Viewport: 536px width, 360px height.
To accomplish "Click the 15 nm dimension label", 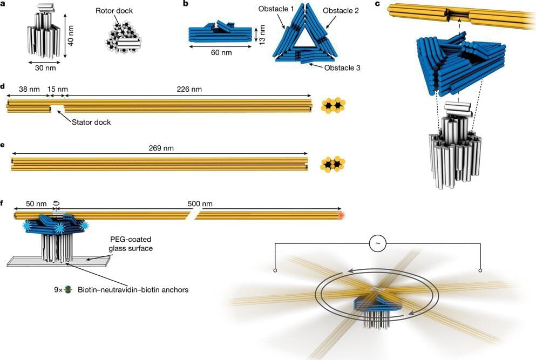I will [x=56, y=87].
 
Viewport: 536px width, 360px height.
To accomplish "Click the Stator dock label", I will [x=91, y=123].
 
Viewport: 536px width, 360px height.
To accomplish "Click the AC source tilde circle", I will [x=377, y=243].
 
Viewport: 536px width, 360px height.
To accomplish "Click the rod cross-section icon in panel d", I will [x=333, y=105].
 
